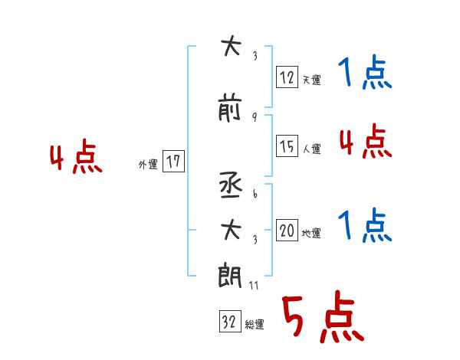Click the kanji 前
230,110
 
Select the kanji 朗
230,274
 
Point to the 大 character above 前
230,47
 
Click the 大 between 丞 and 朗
230,230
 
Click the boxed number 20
287,231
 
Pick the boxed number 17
173,161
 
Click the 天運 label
311,80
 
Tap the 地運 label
311,234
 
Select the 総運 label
255,325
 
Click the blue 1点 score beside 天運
363,74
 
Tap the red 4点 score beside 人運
365,142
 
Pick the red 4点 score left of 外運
76,159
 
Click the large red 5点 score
322,319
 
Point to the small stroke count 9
254,117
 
